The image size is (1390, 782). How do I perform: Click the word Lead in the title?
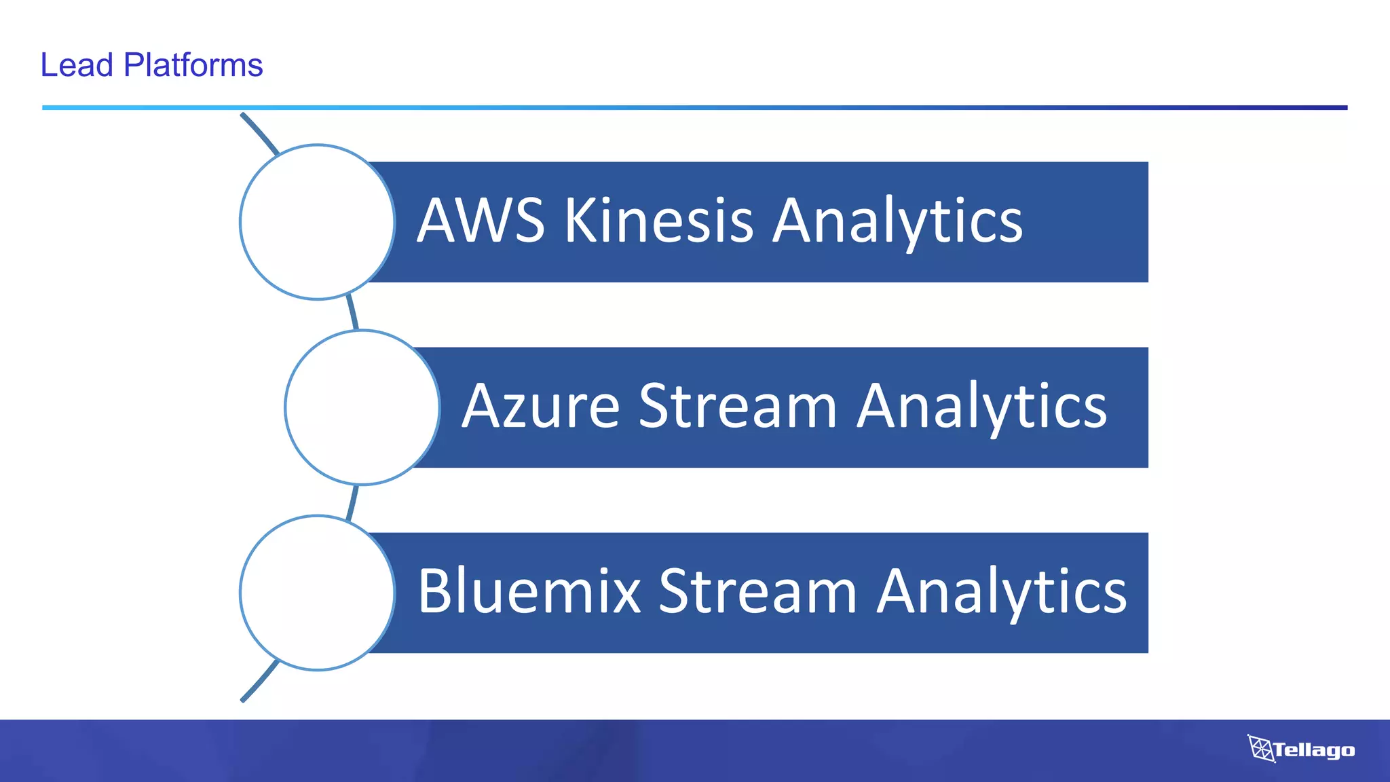(x=76, y=66)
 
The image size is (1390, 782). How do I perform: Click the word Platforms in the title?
(x=193, y=66)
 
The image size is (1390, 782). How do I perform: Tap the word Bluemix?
(x=529, y=591)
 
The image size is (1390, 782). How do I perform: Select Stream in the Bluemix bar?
(x=757, y=591)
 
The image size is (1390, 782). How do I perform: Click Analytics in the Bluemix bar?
(x=1002, y=593)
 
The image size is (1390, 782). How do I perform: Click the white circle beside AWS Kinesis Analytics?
(x=317, y=222)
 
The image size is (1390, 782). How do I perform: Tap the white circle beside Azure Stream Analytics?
(x=362, y=407)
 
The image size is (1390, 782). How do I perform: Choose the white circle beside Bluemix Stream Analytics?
(x=317, y=593)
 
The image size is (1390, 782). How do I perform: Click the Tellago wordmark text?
(x=1314, y=750)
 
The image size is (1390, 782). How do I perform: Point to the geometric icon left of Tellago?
(x=1260, y=748)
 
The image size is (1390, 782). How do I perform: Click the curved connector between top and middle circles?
(x=352, y=313)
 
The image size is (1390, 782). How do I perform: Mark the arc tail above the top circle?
(x=260, y=132)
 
